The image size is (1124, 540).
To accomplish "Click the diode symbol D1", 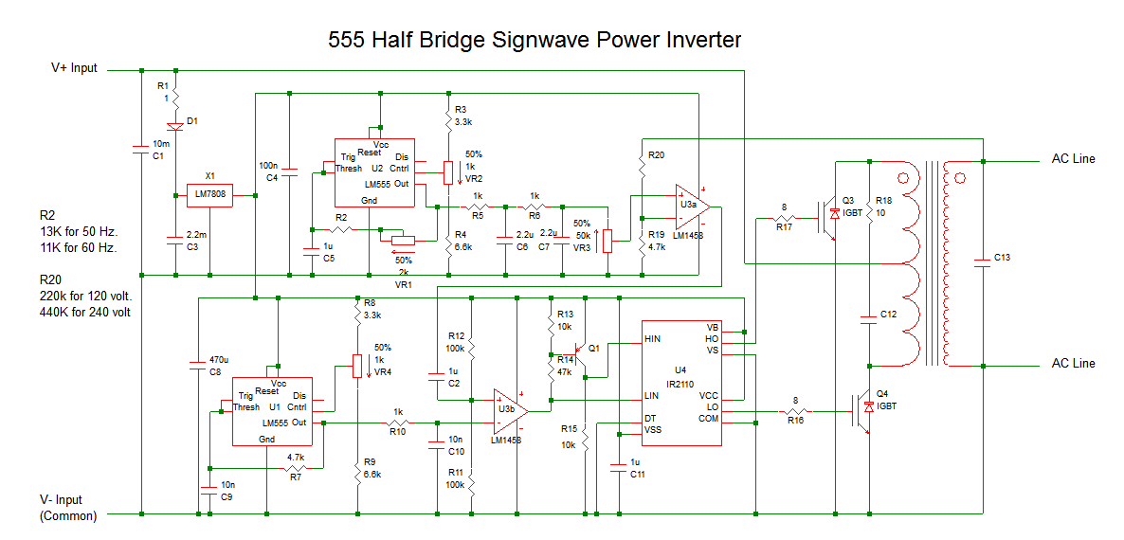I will point(175,125).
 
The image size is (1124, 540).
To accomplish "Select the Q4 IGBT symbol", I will point(864,412).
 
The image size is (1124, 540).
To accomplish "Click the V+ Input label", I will point(74,68).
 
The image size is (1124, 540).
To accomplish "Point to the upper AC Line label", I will point(1073,159).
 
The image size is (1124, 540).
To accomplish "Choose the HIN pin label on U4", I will point(652,338).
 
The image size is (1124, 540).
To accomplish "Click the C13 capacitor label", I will point(1003,257).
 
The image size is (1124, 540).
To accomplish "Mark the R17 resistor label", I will point(784,227).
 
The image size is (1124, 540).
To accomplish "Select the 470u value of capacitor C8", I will point(217,361).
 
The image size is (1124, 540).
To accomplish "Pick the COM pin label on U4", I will point(708,418).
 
